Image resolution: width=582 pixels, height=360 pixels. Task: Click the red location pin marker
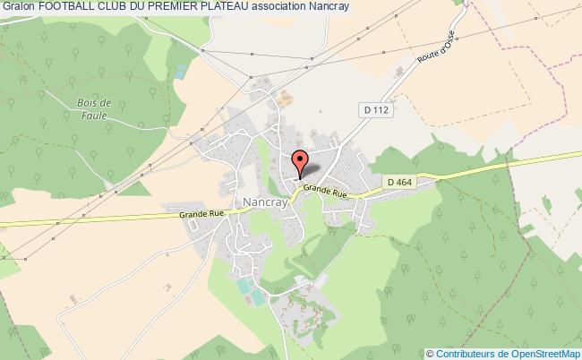[x=299, y=162]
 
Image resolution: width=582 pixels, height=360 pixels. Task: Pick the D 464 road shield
[x=401, y=182]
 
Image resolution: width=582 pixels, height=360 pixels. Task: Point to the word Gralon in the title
[x=19, y=6]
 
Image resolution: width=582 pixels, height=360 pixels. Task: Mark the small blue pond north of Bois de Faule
[x=183, y=69]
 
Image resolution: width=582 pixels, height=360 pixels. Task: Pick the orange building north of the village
[x=286, y=96]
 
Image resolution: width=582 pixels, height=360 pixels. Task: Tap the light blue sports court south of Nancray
[x=244, y=287]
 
